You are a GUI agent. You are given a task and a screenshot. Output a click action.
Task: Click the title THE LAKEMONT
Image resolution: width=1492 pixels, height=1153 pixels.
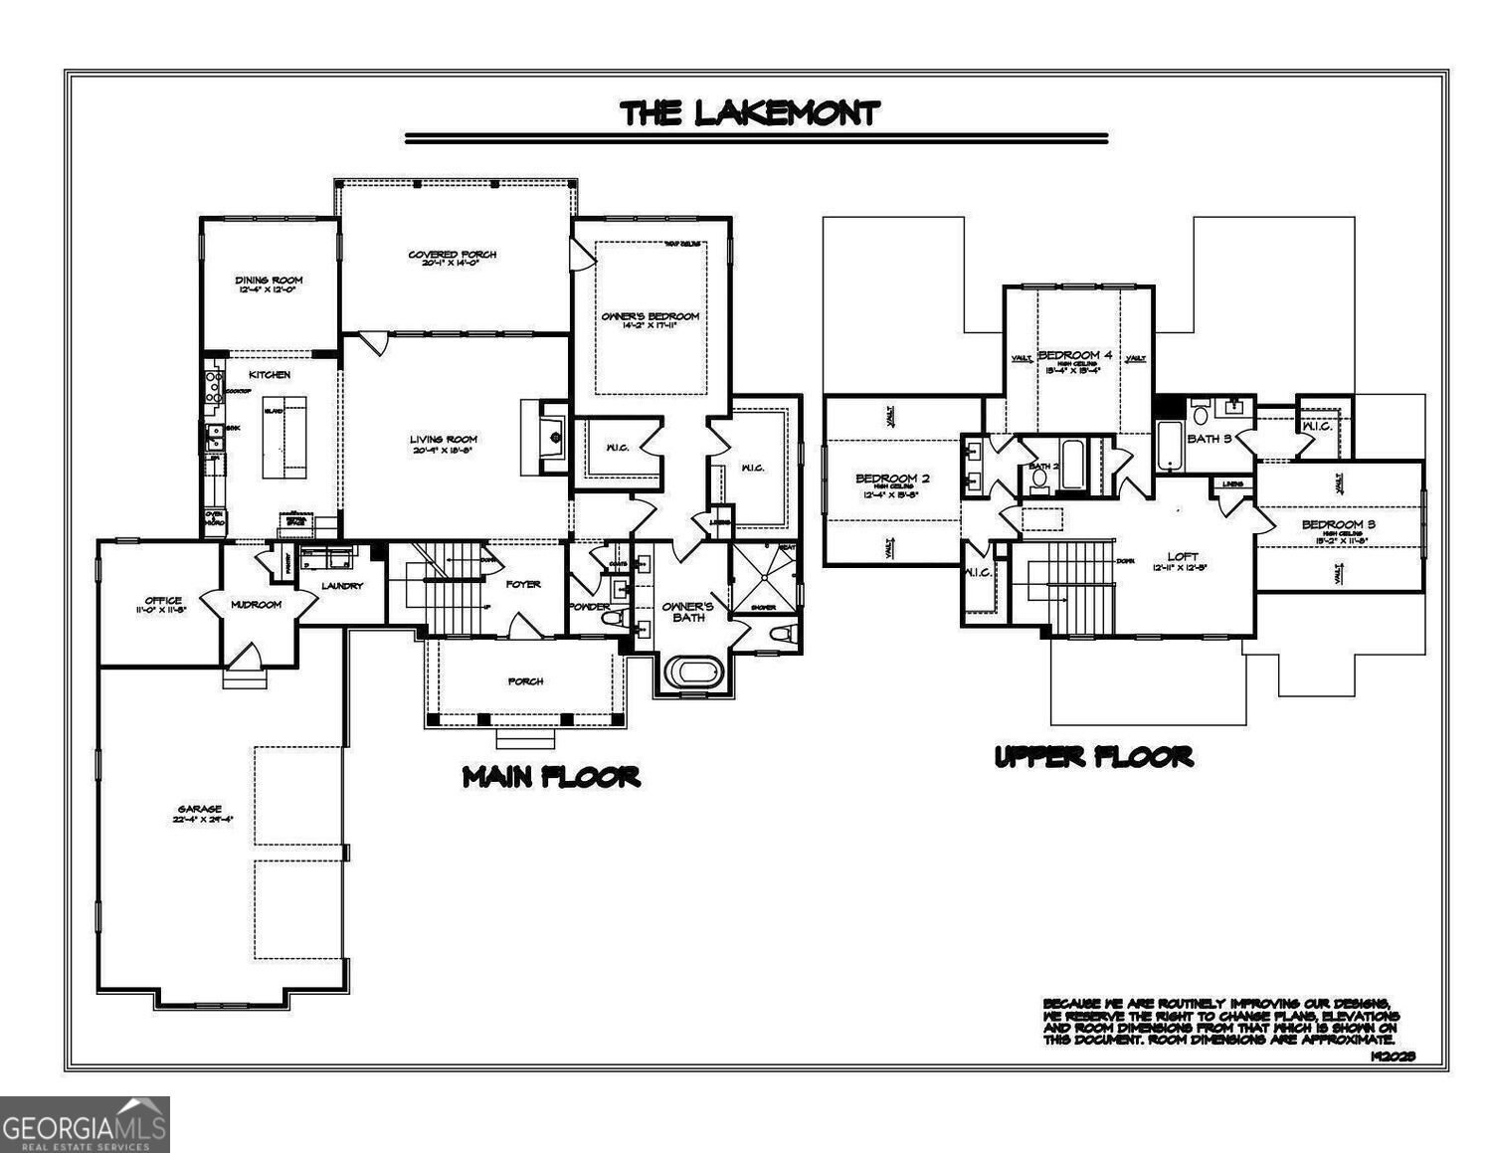[750, 113]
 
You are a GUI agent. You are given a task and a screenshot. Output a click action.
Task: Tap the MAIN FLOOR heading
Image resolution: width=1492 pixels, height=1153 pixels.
[551, 777]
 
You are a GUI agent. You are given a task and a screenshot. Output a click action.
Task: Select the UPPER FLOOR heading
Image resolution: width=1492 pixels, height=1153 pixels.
[1093, 757]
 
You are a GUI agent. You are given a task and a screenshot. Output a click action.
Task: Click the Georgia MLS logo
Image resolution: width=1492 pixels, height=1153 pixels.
[85, 1124]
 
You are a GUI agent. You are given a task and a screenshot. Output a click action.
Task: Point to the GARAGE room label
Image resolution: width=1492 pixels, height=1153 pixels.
[200, 809]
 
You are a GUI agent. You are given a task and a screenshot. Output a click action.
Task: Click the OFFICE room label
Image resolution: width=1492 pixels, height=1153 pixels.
[163, 601]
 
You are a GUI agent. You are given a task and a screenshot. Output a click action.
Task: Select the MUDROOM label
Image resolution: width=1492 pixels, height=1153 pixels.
[256, 604]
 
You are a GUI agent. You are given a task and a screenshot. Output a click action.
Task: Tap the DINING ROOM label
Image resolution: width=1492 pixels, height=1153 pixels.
[269, 281]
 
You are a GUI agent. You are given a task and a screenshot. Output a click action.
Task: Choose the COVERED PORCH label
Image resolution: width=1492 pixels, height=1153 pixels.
[453, 255]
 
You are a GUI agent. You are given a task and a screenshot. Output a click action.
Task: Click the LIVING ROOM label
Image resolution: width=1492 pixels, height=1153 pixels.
[444, 439]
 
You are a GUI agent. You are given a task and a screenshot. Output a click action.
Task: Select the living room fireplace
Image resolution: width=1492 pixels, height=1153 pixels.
[544, 436]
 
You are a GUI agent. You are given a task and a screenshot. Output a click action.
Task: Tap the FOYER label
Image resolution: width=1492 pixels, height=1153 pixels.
[523, 584]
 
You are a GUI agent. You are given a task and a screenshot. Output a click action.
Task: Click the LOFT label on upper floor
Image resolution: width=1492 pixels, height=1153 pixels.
[1183, 557]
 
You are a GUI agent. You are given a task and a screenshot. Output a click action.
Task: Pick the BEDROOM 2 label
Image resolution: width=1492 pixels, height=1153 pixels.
[892, 479]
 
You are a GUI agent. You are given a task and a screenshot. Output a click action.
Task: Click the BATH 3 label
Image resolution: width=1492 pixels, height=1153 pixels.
[1210, 438]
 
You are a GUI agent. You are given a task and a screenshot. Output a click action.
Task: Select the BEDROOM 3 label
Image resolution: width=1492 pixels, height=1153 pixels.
[1338, 524]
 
